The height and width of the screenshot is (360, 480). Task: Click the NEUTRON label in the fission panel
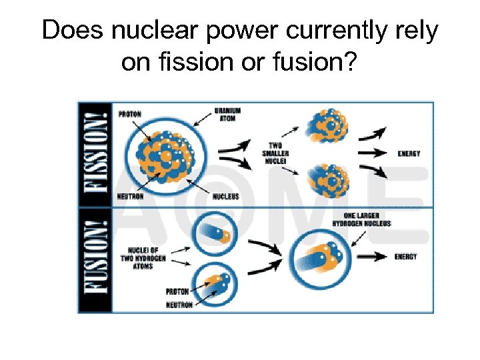[x=131, y=197]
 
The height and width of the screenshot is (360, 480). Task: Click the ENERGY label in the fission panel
[x=409, y=153]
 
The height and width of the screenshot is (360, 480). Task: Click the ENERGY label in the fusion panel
[x=405, y=257]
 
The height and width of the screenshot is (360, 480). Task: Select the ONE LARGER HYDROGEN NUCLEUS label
[x=367, y=219]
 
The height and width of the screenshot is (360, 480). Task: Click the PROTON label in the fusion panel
[x=177, y=291]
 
